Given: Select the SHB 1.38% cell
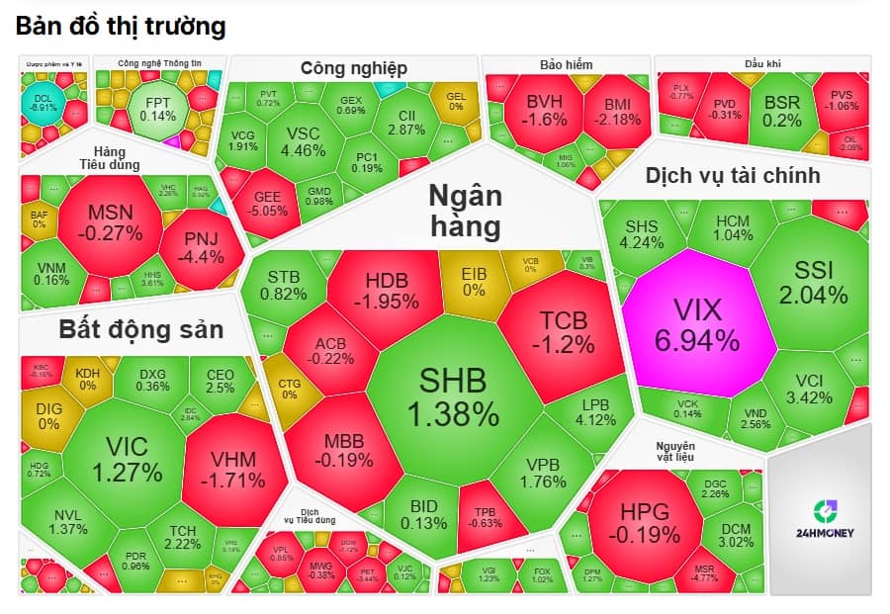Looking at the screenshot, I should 458,395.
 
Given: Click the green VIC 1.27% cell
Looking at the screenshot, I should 127,460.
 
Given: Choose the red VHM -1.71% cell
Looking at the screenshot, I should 233,470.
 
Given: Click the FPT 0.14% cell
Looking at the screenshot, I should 158,108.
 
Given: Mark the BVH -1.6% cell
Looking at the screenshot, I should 546,110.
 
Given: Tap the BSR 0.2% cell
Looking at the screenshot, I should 782,110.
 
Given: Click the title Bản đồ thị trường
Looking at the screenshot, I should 121,27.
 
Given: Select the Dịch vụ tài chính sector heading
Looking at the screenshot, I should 733,176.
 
